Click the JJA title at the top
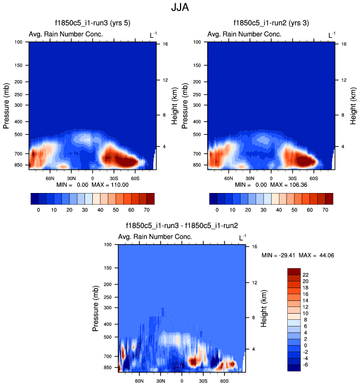coord(180,8)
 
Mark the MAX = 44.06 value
coord(317,255)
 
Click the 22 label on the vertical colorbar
coord(306,274)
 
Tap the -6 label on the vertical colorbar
coord(306,364)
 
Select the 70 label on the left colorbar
coord(146,211)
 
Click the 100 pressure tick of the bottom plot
coord(108,245)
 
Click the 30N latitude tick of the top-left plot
coord(71,179)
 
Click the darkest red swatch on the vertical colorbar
coord(294,271)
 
